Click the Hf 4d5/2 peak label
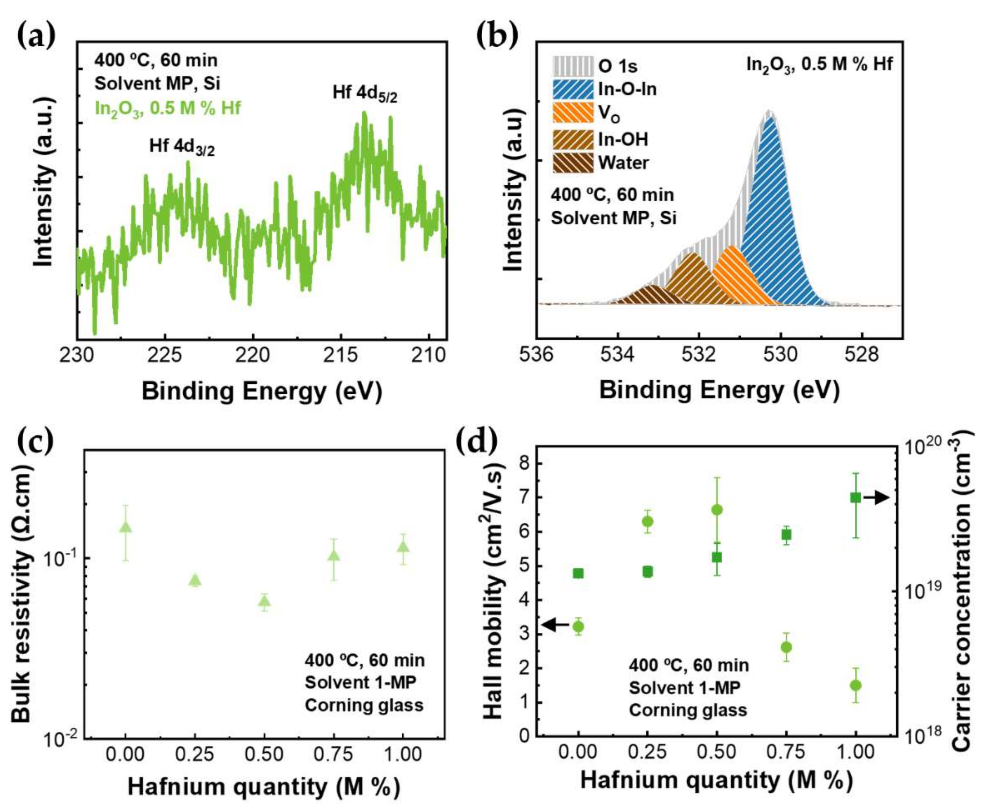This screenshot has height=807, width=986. (x=365, y=93)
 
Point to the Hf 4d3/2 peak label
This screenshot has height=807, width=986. (x=182, y=147)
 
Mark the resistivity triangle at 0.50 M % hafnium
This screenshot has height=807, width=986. (x=265, y=602)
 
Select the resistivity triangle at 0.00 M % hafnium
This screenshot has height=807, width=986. (x=126, y=527)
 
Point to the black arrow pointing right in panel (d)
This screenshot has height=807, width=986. (x=877, y=498)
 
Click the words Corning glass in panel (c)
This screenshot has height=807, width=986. (x=364, y=705)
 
